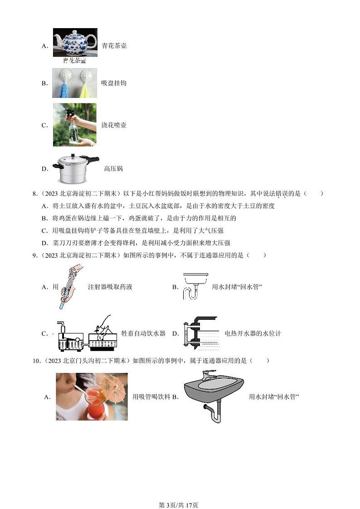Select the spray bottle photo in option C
tap(74, 125)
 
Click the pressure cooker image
tap(75, 168)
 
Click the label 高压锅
tap(113, 169)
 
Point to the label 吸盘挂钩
tap(113, 83)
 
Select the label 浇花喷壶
tap(113, 125)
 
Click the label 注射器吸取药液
tap(110, 287)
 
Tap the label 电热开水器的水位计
tap(253, 333)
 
